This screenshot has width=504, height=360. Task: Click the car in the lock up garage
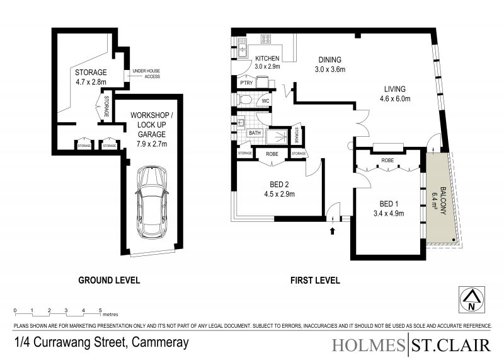point(151,202)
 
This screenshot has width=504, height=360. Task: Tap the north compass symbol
point(471,300)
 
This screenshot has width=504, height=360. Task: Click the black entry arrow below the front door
point(333,230)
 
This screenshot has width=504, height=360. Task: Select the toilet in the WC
point(245,100)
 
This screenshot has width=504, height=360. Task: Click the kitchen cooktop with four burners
point(266,39)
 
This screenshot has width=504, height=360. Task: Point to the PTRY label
point(246,83)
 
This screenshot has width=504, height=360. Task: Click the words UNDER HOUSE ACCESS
point(146,73)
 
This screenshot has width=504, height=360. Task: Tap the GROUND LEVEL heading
point(109,280)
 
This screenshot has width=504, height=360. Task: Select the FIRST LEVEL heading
point(315,280)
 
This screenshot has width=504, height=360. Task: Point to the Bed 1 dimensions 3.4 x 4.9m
point(389,213)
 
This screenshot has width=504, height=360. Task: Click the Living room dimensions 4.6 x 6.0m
point(395,99)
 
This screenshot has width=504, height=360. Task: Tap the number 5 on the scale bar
point(100,310)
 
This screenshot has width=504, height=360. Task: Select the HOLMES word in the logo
point(369,345)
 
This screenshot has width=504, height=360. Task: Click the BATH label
point(255,132)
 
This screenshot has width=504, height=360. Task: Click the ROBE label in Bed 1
point(387,160)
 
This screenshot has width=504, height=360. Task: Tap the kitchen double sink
point(242,48)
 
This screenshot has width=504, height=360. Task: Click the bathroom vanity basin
point(241,122)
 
